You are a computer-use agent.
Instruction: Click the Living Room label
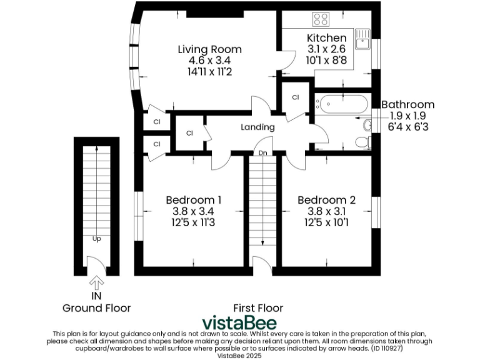click(209, 49)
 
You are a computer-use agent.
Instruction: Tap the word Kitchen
click(326, 38)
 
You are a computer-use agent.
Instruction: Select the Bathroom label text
click(407, 104)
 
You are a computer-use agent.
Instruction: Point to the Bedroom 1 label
click(193, 200)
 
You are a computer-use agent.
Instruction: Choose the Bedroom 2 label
click(326, 200)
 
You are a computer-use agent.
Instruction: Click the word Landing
click(258, 127)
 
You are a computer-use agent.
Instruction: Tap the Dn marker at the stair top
click(262, 153)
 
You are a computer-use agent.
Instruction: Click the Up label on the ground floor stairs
click(97, 238)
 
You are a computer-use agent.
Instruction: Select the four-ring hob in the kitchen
click(321, 19)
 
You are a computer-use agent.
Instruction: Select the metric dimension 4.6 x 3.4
click(209, 61)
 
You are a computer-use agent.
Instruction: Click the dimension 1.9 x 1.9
click(407, 116)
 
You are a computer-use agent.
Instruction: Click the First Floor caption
click(258, 308)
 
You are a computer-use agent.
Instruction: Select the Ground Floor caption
click(97, 308)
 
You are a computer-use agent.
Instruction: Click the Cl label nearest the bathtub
click(296, 97)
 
